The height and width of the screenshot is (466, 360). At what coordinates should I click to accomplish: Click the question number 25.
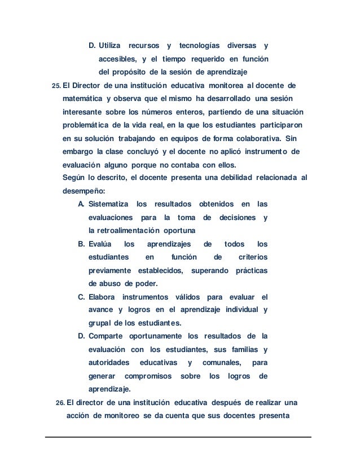pyautogui.click(x=56, y=86)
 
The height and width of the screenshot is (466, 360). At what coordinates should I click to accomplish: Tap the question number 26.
pyautogui.click(x=60, y=403)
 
